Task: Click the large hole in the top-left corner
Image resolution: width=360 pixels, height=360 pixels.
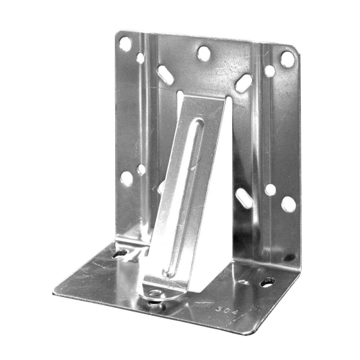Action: (125, 43)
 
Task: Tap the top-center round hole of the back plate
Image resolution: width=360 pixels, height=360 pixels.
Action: (204, 54)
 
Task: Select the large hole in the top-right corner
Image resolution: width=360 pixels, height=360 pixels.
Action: (287, 59)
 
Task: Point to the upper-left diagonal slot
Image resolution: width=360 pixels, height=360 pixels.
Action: (166, 75)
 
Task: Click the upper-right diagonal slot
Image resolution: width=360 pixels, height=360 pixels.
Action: (243, 83)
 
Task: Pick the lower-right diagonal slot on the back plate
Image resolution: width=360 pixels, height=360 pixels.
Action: (244, 198)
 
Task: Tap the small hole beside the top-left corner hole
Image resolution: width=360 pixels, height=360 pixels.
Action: (140, 58)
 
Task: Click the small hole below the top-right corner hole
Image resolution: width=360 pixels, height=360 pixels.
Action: (270, 71)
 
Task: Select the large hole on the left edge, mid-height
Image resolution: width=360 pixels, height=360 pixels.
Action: (127, 178)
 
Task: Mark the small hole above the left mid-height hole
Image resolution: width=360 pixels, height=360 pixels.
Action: (142, 169)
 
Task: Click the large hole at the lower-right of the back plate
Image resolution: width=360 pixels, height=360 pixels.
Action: (289, 204)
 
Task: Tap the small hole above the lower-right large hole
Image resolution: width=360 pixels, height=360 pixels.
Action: (271, 190)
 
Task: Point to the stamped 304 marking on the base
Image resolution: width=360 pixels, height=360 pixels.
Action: (226, 311)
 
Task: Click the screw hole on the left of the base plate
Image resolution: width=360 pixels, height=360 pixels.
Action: (119, 253)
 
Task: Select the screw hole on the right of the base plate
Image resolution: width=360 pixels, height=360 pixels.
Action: (266, 281)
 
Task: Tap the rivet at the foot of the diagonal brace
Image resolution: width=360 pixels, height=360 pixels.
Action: (155, 294)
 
